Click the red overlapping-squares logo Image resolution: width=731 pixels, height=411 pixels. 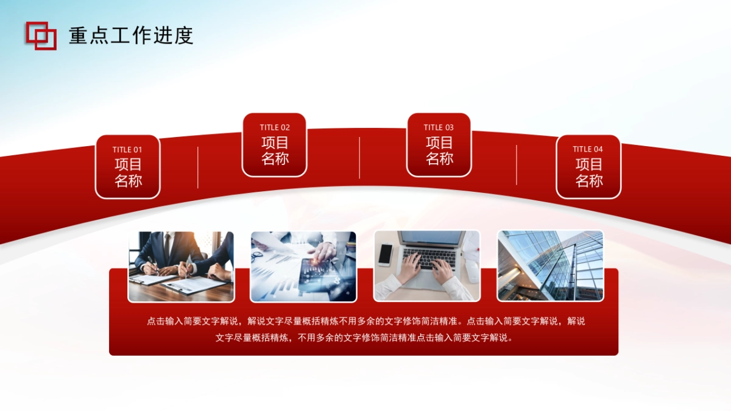(x=41, y=35)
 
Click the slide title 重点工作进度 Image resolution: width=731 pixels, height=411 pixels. (x=131, y=36)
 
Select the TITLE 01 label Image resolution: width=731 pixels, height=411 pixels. (x=127, y=150)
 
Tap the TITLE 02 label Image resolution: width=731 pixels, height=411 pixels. (x=275, y=128)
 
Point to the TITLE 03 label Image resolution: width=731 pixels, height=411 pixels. (x=439, y=128)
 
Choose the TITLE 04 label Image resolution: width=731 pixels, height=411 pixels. (x=588, y=150)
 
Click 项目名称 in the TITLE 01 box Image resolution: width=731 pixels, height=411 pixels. (x=128, y=173)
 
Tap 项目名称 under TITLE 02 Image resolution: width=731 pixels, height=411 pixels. (x=275, y=151)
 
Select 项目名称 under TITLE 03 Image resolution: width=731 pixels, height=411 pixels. (x=439, y=151)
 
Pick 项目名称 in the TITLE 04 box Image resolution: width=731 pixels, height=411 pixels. (x=588, y=173)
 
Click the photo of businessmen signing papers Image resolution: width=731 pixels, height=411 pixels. (x=181, y=266)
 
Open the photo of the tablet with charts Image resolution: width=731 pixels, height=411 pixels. (x=303, y=266)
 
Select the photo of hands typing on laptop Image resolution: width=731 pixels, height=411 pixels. (x=426, y=266)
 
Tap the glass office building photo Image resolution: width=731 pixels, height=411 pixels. (x=550, y=266)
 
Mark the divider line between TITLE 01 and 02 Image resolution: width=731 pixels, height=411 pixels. (x=198, y=167)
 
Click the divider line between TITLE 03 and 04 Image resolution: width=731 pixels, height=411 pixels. (x=517, y=164)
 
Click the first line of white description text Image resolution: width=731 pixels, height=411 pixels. (x=365, y=321)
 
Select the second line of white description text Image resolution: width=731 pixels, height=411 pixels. (x=364, y=338)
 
